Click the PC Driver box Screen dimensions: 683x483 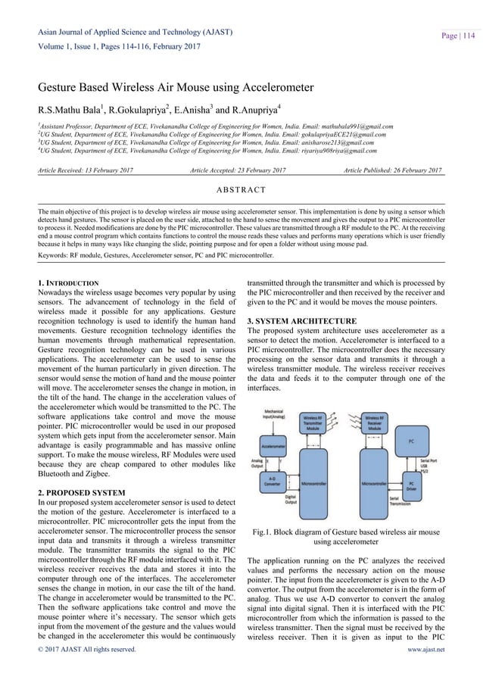(410, 482)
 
